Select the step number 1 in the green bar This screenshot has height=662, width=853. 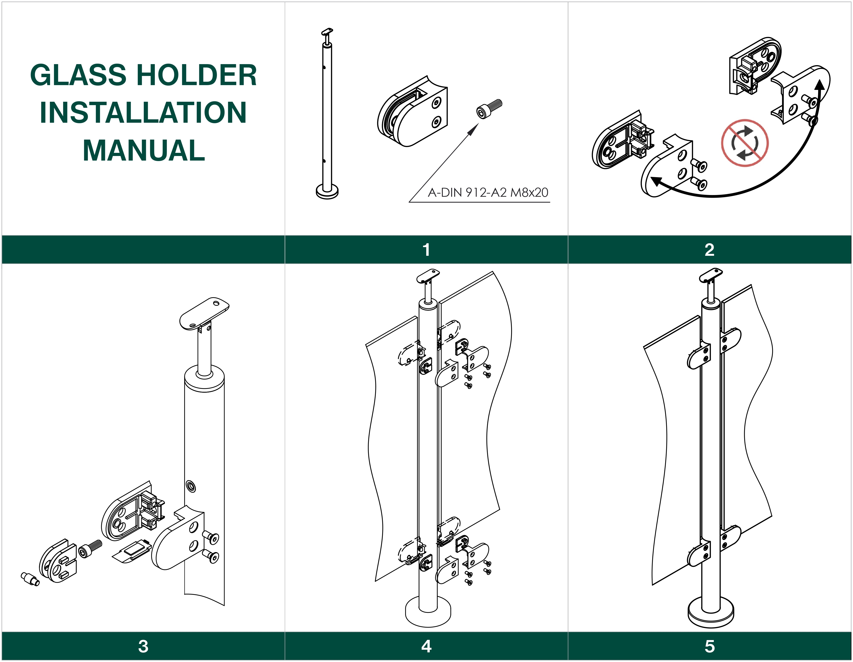426,250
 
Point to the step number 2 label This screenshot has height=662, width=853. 709,250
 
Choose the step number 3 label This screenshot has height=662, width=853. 143,646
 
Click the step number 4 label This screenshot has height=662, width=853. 426,646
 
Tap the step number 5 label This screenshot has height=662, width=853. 709,646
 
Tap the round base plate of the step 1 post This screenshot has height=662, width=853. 327,192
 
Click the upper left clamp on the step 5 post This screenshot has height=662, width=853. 699,356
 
